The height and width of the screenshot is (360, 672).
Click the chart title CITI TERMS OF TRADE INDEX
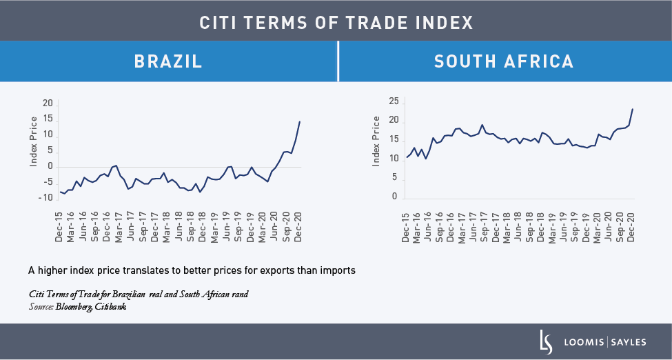coord(336,22)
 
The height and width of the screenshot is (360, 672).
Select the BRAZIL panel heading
coord(168,61)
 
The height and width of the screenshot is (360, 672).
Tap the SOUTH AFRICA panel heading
coord(504,61)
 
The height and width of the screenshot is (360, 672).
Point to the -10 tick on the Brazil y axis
coord(47,198)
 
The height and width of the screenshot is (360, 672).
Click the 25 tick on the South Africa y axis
coord(393,101)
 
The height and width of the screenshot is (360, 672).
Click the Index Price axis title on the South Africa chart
coord(376,141)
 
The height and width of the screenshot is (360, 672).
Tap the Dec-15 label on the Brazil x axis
coord(59,224)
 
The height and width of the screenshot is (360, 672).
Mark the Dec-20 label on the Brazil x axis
coord(298,224)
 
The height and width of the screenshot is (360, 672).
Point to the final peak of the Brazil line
coord(300,121)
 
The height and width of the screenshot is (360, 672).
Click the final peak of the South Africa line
coord(633,109)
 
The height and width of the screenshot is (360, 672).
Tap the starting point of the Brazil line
coord(60,192)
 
